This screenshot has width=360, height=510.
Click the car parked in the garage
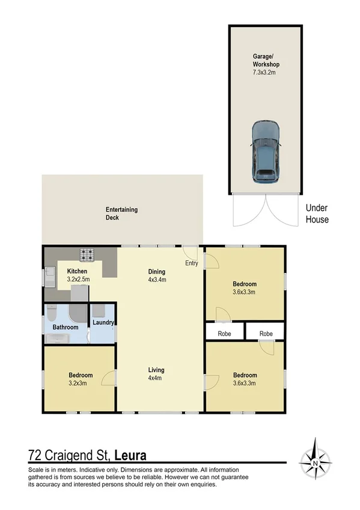[266, 152]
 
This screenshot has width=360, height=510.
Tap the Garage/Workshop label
[266, 60]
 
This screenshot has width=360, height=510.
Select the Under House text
[317, 214]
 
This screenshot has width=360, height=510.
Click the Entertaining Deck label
[121, 214]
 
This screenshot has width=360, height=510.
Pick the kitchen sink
[50, 277]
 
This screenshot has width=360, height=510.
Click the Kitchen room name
[78, 271]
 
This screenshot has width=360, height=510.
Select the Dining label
[157, 271]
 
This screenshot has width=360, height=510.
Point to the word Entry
[192, 263]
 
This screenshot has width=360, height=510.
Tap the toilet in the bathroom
[51, 313]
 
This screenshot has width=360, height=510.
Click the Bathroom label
[66, 327]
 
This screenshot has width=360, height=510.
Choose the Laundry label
[103, 322]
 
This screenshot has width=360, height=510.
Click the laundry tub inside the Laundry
[98, 311]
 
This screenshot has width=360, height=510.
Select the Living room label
[157, 370]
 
